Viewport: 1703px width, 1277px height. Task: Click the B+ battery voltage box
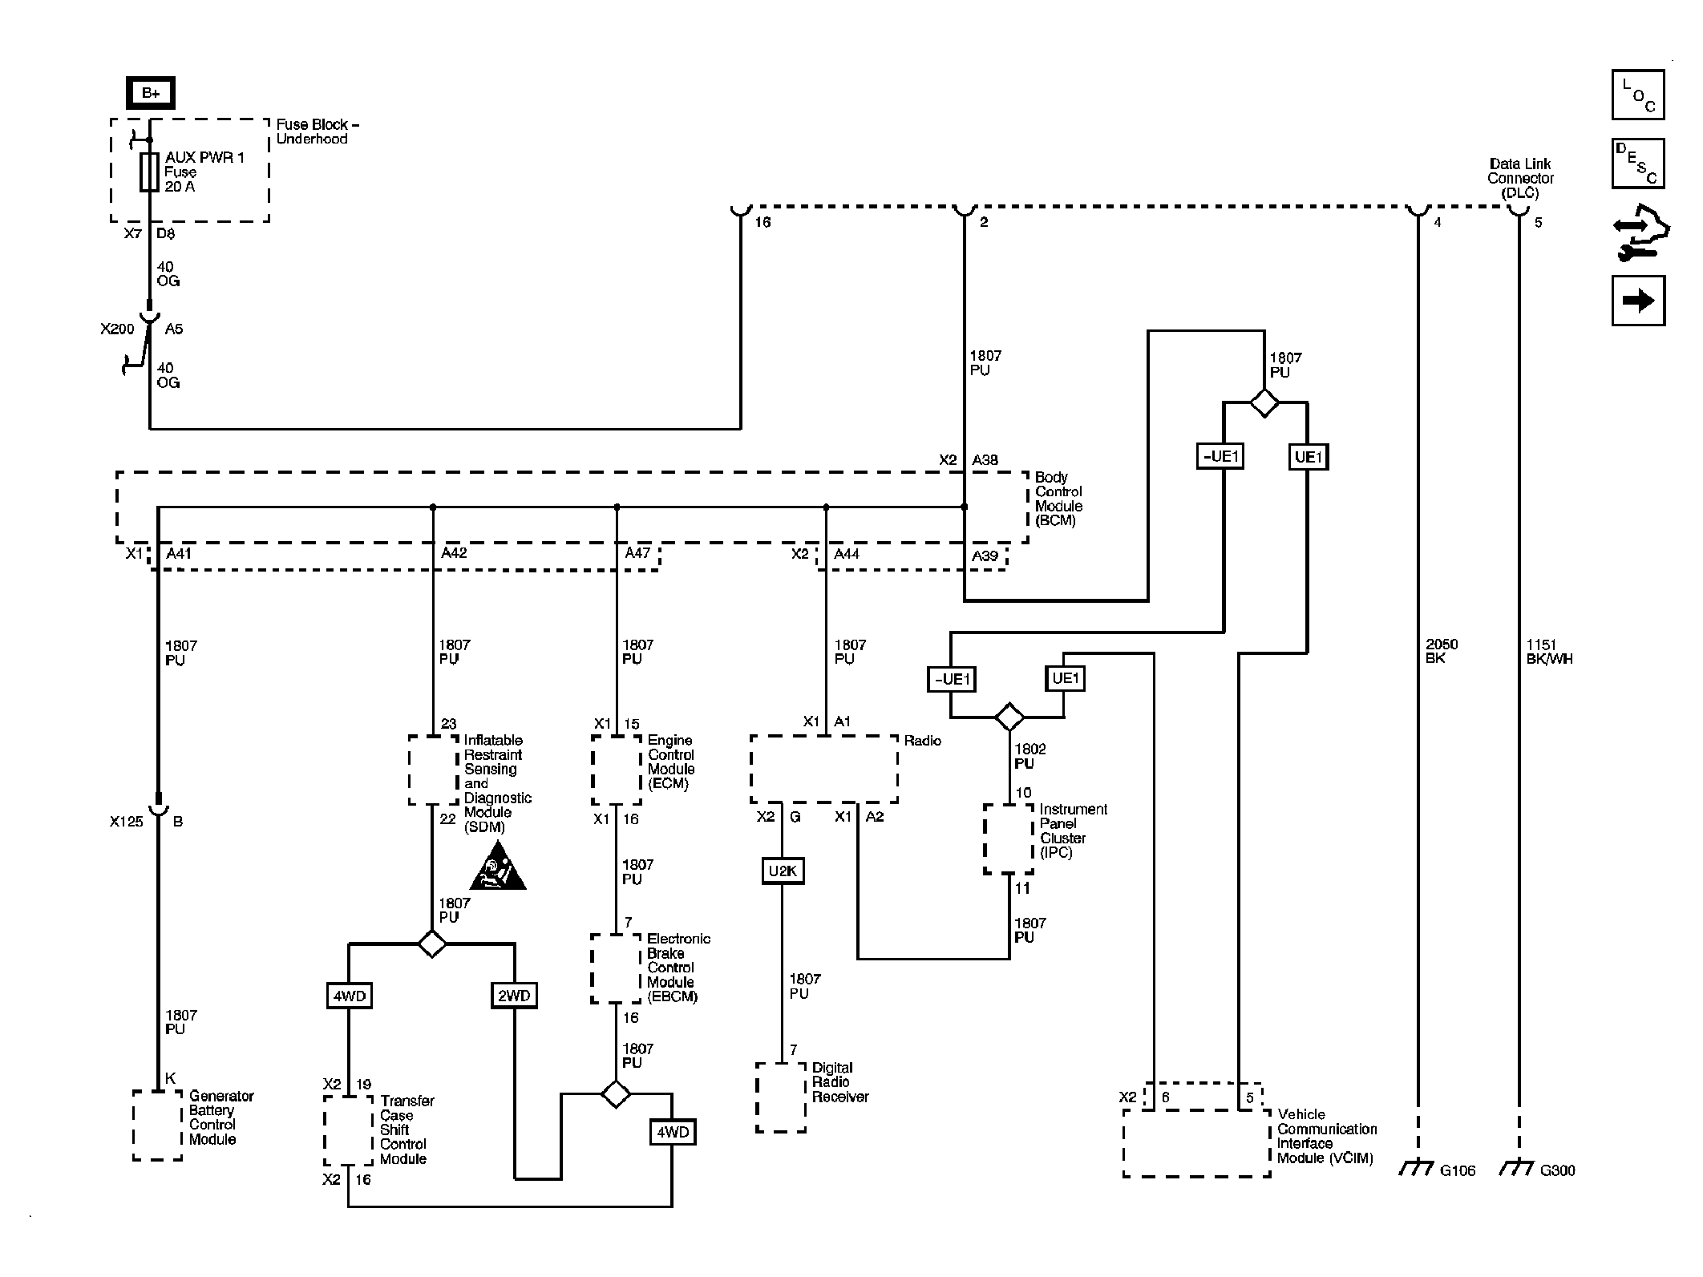coord(150,93)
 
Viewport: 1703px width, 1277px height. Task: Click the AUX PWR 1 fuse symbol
coord(149,172)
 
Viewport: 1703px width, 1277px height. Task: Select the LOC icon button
coord(1637,95)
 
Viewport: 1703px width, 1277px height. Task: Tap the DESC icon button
coord(1637,164)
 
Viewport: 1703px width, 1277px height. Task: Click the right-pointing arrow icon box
coord(1637,301)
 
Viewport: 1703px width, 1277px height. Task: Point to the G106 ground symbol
coord(1417,1170)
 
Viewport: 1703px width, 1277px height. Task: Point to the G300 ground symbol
coord(1517,1170)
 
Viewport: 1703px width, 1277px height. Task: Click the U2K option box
coord(782,871)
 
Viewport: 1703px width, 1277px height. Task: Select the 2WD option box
coord(514,996)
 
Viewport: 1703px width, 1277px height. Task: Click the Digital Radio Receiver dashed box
coord(780,1097)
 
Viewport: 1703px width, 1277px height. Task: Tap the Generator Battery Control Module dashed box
coord(157,1125)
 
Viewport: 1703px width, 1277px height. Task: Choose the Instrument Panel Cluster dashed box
coord(1009,839)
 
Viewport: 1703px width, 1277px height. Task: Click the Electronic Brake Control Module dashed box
coord(616,968)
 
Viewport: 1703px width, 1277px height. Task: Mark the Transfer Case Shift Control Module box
coord(348,1130)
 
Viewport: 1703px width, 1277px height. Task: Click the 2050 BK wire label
coord(1442,651)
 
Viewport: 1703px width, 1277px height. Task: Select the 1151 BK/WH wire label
coord(1549,651)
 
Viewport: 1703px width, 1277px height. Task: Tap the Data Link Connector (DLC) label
coord(1520,178)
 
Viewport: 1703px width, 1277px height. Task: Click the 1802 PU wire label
coord(1029,756)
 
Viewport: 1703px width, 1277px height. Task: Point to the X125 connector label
coord(126,822)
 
